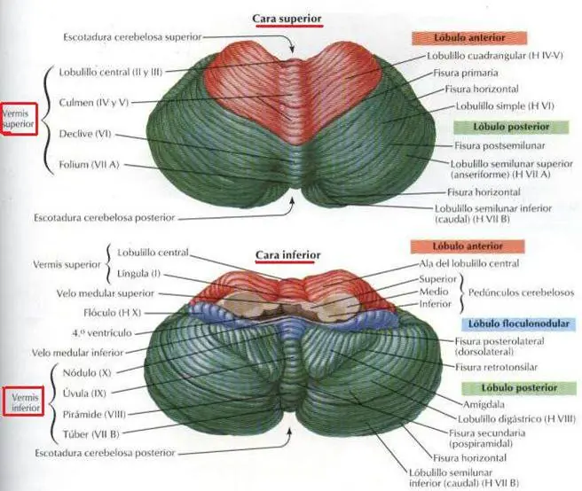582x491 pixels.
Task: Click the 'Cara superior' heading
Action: (287, 19)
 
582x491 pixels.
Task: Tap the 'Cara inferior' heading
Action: (288, 255)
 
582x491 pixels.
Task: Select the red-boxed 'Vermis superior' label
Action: (19, 119)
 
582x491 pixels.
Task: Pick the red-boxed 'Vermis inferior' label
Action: (25, 402)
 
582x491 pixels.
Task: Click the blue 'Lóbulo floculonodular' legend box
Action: (519, 323)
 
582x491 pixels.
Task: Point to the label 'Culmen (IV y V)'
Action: (93, 103)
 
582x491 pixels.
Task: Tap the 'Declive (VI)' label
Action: (85, 134)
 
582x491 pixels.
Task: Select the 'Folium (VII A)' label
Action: (89, 164)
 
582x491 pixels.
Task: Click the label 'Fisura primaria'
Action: (466, 73)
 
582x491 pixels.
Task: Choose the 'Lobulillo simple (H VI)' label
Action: (505, 106)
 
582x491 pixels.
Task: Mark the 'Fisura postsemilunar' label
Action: (499, 145)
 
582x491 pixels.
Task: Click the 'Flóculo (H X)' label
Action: (113, 313)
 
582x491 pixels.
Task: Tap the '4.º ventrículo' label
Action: (102, 333)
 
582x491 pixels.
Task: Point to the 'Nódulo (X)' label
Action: (87, 373)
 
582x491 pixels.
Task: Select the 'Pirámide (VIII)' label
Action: (94, 414)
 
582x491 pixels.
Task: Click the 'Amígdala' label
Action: (484, 404)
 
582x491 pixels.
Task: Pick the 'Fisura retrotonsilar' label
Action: (496, 367)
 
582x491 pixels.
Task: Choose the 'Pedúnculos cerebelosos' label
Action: (521, 292)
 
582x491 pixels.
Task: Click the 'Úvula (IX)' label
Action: (84, 394)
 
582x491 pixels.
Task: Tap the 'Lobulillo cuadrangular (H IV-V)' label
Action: (495, 56)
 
